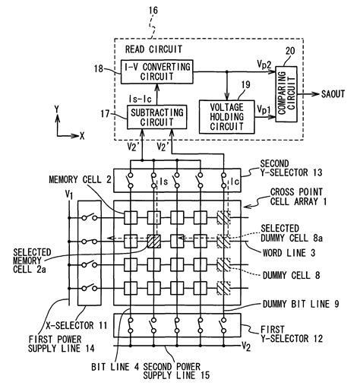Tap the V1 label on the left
pos(70,196)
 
